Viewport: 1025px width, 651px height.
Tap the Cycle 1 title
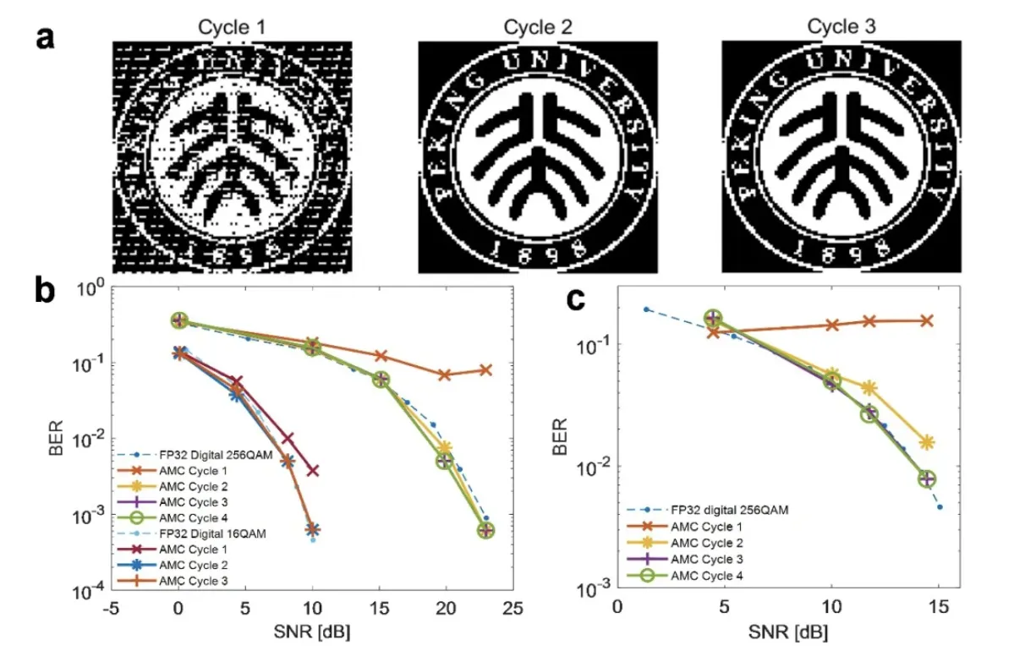pyautogui.click(x=232, y=27)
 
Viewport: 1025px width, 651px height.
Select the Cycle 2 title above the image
pyautogui.click(x=538, y=27)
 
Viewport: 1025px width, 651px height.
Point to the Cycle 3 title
pyautogui.click(x=841, y=27)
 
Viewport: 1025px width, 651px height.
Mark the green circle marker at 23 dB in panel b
pyautogui.click(x=485, y=530)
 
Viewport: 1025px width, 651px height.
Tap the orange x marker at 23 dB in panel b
pyautogui.click(x=485, y=370)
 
